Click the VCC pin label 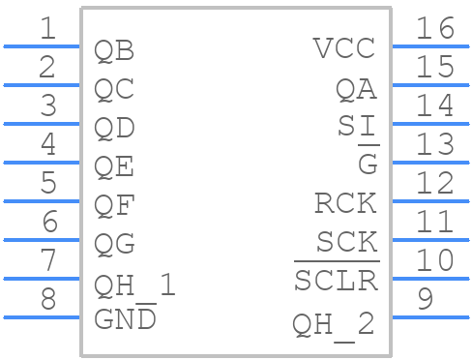tap(344, 48)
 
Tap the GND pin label tap(125, 318)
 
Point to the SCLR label tap(335, 281)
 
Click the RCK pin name tap(344, 203)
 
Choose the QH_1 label tap(134, 285)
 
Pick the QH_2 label tap(334, 323)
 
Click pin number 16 tap(434, 29)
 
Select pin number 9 tap(425, 299)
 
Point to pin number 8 tap(47, 299)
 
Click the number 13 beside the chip tap(434, 144)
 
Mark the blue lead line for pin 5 tap(42, 201)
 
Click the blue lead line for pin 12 tap(429, 201)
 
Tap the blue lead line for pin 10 tap(429, 279)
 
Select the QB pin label tap(114, 50)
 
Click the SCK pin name tap(346, 241)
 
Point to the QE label tap(114, 166)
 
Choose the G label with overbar tap(368, 164)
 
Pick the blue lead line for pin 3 tap(42, 124)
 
